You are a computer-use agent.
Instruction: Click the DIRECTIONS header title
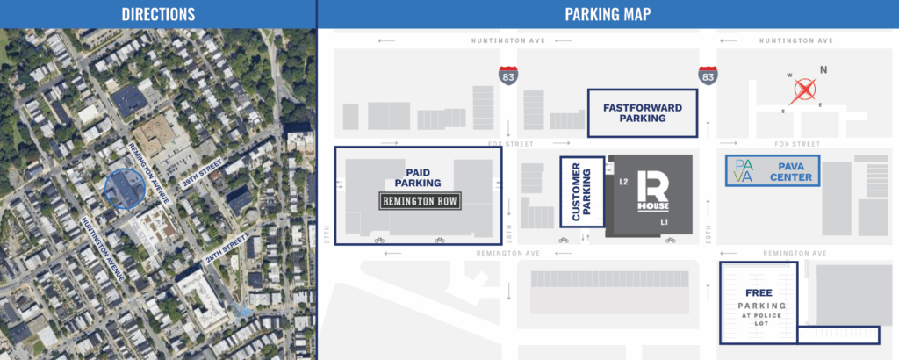pyautogui.click(x=158, y=14)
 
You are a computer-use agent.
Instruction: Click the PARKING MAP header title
pyautogui.click(x=608, y=14)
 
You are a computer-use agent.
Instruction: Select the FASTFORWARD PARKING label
pyautogui.click(x=643, y=113)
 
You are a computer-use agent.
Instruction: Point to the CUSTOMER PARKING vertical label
pyautogui.click(x=581, y=191)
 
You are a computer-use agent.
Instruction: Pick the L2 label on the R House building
pyautogui.click(x=623, y=182)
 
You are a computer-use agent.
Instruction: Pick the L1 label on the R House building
pyautogui.click(x=665, y=223)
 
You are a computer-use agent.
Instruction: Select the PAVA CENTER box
pyautogui.click(x=773, y=170)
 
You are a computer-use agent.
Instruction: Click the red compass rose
pyautogui.click(x=805, y=90)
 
